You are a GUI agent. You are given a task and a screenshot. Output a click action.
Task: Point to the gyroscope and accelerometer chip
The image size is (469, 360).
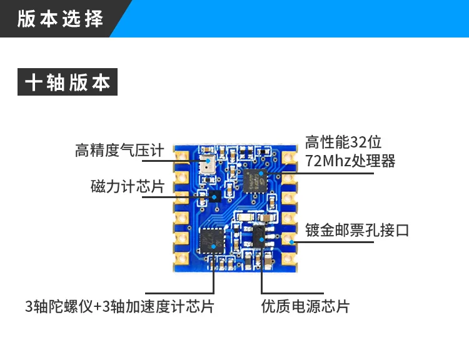click(212, 240)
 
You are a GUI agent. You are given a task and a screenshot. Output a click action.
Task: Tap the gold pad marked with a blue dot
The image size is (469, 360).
click(290, 239)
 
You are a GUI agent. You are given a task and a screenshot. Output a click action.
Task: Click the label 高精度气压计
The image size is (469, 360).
click(119, 151)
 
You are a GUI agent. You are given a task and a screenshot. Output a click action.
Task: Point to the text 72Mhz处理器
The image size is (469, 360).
click(351, 161)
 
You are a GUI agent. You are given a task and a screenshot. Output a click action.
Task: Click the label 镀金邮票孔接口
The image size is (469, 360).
click(357, 230)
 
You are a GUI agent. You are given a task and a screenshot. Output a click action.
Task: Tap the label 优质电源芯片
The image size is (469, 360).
click(306, 306)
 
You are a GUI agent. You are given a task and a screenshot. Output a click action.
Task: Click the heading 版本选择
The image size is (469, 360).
click(60, 18)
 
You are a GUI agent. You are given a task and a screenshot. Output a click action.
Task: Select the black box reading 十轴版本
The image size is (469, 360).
click(68, 83)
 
